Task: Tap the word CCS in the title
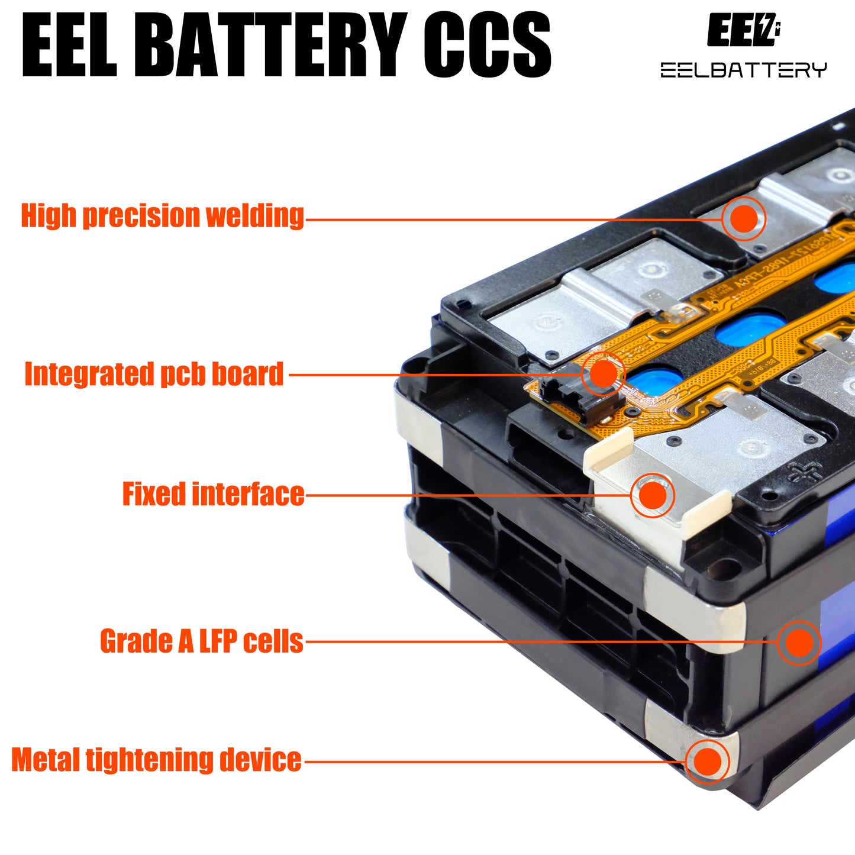point(486,46)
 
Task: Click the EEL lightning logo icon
point(743,30)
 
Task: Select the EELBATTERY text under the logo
point(743,70)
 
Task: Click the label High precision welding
point(162,216)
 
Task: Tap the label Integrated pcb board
point(154,375)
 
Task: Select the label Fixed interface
point(213,495)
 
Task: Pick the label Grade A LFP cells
point(201,641)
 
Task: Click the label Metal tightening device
point(156,760)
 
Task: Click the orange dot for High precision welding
point(744,219)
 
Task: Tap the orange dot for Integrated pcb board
point(603,374)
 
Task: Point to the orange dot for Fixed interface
point(653,495)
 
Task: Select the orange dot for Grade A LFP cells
point(799,642)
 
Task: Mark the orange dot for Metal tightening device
point(706,761)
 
